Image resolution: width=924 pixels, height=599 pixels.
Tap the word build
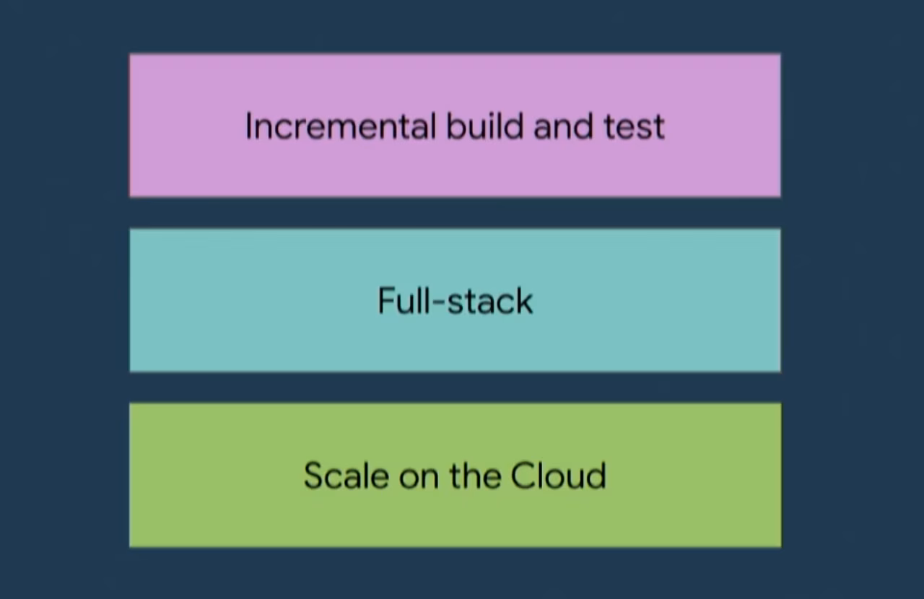pyautogui.click(x=484, y=126)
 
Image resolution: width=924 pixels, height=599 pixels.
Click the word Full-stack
pyautogui.click(x=455, y=300)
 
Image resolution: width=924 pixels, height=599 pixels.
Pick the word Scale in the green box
pyautogui.click(x=346, y=476)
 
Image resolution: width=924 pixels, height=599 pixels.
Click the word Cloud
pyautogui.click(x=558, y=476)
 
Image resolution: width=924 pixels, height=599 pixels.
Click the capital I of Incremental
pyautogui.click(x=249, y=126)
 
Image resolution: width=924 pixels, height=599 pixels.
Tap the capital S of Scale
pyautogui.click(x=313, y=476)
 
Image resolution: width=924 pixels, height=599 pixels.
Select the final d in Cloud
pyautogui.click(x=596, y=476)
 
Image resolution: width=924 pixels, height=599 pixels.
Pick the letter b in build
pyautogui.click(x=455, y=126)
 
